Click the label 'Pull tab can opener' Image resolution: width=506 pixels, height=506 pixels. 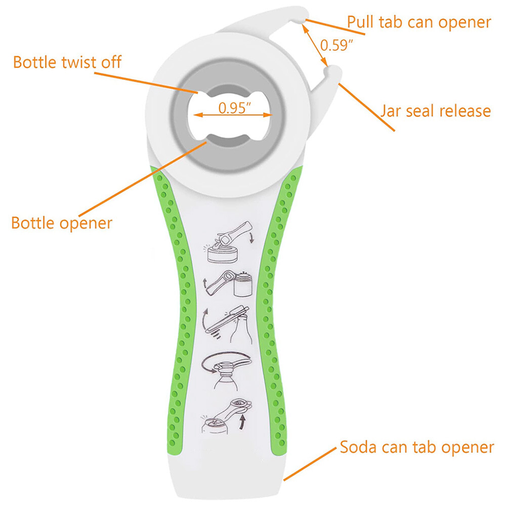click(x=418, y=22)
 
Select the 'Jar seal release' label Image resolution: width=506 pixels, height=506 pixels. click(x=435, y=111)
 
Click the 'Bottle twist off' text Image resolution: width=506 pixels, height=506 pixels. click(x=67, y=62)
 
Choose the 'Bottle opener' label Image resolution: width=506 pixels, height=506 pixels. click(x=62, y=223)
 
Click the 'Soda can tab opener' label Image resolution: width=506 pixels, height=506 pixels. click(x=416, y=447)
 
